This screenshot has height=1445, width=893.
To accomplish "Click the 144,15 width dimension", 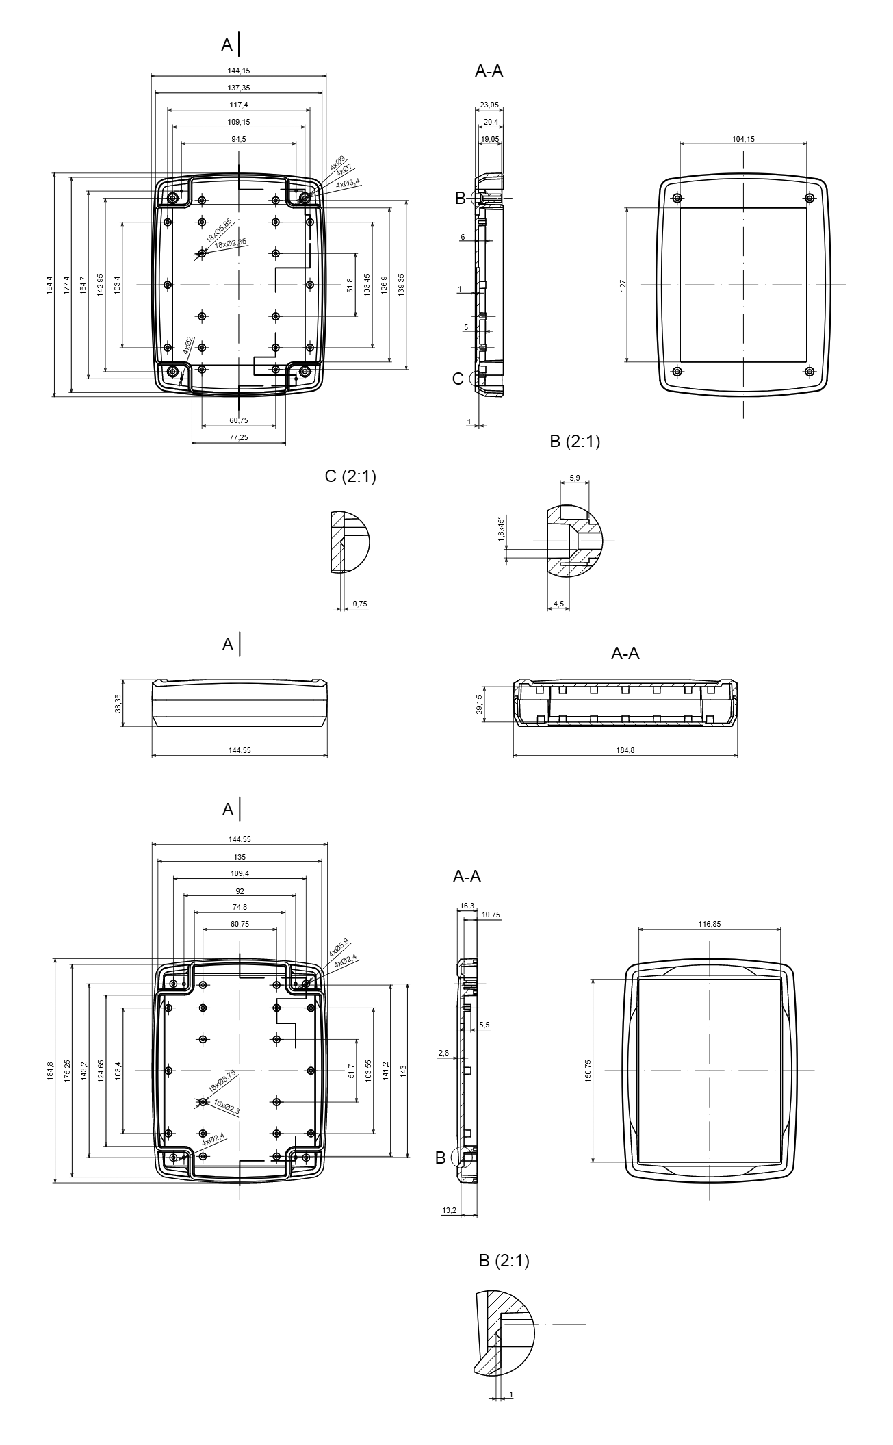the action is [x=239, y=71].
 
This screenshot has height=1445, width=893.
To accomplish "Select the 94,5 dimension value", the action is [x=239, y=139].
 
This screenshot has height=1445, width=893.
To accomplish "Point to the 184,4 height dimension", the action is [x=49, y=284].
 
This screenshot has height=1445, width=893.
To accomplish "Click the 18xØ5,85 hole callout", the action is [x=220, y=229].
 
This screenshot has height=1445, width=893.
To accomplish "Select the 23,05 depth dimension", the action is [x=489, y=105].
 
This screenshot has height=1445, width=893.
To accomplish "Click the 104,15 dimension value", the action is [x=743, y=139].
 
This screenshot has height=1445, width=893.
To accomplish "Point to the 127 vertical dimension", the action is [x=623, y=285].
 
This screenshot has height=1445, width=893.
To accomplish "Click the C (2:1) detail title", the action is [x=350, y=476].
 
